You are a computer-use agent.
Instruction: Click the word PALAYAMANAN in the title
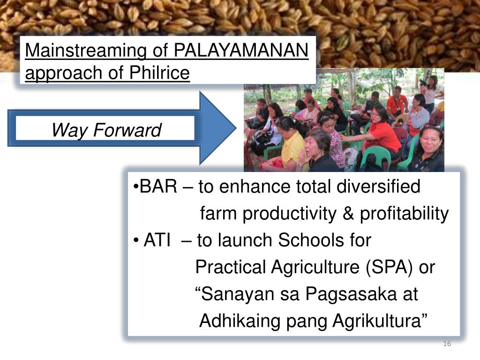pyautogui.click(x=241, y=50)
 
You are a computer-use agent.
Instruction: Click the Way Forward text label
pyautogui.click(x=106, y=130)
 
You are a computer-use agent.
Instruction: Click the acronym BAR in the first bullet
pyautogui.click(x=158, y=187)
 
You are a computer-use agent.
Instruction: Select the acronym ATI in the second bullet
pyautogui.click(x=157, y=240)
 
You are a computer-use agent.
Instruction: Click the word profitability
pyautogui.click(x=404, y=214)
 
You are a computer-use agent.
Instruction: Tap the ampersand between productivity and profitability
pyautogui.click(x=348, y=214)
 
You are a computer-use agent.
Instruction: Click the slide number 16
pyautogui.click(x=447, y=345)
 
